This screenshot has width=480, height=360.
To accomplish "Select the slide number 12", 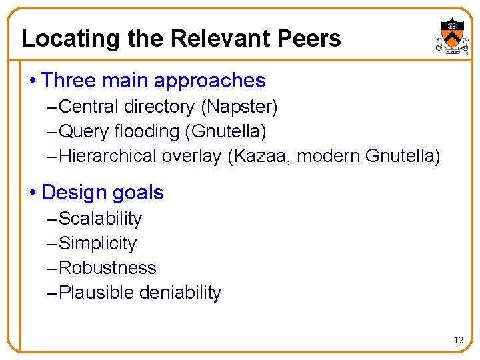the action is click(458, 340).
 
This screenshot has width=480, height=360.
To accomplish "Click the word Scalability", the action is click(101, 219).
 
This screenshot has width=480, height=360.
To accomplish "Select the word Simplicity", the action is click(98, 243).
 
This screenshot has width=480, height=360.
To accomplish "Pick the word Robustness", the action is click(108, 268).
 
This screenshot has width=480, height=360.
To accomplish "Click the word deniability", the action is click(181, 293).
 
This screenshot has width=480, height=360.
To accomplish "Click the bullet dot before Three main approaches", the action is click(33, 81).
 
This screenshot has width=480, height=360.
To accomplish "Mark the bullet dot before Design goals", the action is click(33, 193).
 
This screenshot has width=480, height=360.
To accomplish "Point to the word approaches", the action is click(210, 81).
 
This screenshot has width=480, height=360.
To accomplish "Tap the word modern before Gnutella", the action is click(329, 156).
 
